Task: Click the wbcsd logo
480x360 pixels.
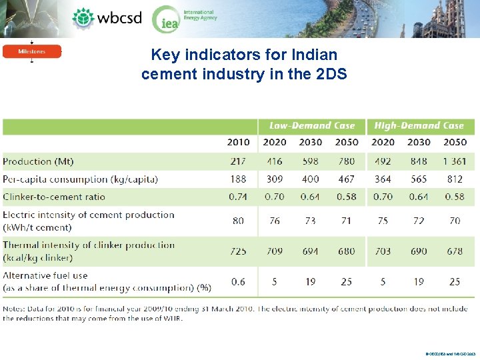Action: pos(107,18)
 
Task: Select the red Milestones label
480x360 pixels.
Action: pos(32,51)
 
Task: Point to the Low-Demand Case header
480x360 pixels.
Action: pos(311,125)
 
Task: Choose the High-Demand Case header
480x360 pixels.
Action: pos(419,125)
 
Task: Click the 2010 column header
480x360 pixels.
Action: pos(238,142)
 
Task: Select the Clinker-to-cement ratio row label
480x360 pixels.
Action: pos(54,197)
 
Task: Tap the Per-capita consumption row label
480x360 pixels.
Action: pos(80,179)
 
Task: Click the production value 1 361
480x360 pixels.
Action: pos(455,161)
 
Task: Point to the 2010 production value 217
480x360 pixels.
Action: pos(238,161)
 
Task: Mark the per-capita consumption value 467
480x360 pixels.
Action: pos(347,179)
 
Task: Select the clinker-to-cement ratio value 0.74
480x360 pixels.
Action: pos(238,197)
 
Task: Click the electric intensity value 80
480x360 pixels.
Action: pos(238,221)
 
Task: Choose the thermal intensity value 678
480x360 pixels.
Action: pos(455,251)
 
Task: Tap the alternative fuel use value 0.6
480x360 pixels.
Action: pos(238,281)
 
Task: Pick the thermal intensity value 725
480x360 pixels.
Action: pos(238,251)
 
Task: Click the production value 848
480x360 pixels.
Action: pos(419,161)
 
